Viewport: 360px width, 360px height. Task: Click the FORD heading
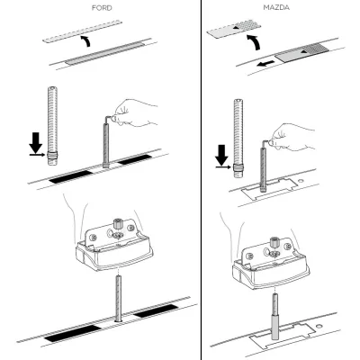[x=102, y=8]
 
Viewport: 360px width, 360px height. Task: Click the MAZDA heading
[x=276, y=8]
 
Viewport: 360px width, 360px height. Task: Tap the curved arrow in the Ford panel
[x=86, y=40]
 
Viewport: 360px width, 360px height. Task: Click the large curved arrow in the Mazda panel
[x=253, y=42]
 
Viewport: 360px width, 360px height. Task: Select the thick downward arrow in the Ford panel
[x=36, y=143]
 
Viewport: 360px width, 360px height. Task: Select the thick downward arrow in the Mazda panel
[x=222, y=156]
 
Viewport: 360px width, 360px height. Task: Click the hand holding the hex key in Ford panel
[x=137, y=112]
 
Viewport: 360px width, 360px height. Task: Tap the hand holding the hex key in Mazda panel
[x=292, y=137]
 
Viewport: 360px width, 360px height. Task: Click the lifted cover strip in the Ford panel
[x=82, y=31]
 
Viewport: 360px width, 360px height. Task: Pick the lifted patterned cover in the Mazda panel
[x=235, y=29]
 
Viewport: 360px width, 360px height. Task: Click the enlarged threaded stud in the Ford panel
[x=52, y=126]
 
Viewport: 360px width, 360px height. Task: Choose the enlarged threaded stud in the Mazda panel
[x=238, y=139]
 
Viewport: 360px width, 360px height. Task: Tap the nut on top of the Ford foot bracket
[x=117, y=224]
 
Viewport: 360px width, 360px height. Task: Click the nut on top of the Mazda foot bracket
[x=274, y=243]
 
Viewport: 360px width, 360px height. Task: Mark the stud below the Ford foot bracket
[x=118, y=299]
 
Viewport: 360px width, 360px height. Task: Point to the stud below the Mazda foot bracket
[x=275, y=316]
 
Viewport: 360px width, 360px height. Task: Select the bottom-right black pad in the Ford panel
[x=156, y=311]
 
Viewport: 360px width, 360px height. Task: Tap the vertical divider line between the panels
[x=201, y=180]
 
